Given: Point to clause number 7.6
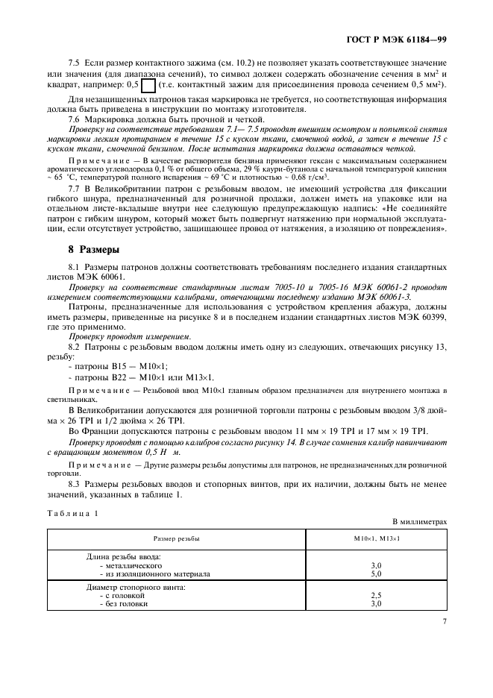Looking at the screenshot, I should (75, 119).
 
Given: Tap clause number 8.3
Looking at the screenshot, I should (75, 483).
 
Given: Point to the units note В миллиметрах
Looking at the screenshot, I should (420, 523).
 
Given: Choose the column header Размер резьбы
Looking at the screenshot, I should (177, 538).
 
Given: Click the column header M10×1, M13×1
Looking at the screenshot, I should (377, 538).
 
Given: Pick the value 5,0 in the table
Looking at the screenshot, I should (377, 574).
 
